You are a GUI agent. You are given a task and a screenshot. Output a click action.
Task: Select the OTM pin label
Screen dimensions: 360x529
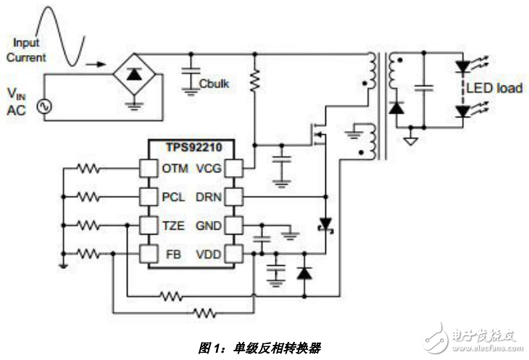click(x=175, y=169)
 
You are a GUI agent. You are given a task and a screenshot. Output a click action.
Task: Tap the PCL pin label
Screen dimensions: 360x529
click(x=174, y=197)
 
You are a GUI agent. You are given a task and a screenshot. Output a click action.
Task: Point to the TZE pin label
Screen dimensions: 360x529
click(x=174, y=225)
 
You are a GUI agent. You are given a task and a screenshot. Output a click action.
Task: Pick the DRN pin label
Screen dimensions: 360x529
click(x=209, y=197)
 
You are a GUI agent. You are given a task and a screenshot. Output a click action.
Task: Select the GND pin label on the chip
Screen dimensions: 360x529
click(x=209, y=225)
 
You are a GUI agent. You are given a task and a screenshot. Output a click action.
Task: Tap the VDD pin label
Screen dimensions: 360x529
click(x=209, y=254)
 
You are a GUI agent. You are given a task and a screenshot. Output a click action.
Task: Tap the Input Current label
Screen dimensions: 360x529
click(x=29, y=51)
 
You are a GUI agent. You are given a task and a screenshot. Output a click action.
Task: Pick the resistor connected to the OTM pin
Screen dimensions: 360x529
click(x=89, y=169)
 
